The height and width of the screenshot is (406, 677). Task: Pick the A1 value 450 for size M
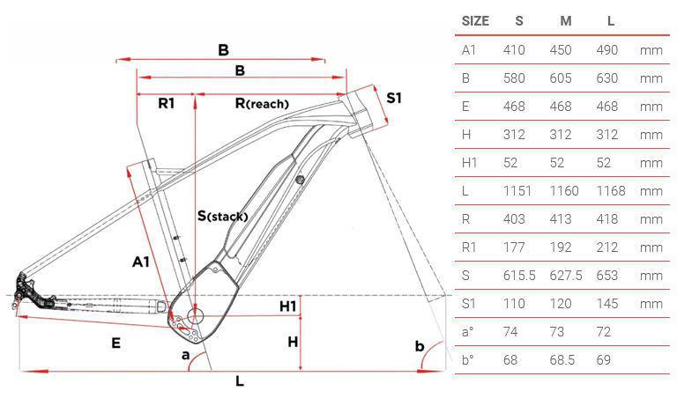[561, 49]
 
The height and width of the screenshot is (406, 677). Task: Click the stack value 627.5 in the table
[565, 276]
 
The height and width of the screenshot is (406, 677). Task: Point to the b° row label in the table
[469, 360]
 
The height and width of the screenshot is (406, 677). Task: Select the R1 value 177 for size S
[514, 247]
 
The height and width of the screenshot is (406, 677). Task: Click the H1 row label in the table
[471, 163]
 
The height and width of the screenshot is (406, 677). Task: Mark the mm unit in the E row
[651, 107]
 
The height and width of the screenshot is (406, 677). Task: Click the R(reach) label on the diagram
[262, 104]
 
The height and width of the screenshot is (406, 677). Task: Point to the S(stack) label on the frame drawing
[222, 216]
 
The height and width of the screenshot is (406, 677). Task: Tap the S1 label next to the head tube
[393, 98]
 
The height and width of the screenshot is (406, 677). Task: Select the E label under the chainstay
[115, 343]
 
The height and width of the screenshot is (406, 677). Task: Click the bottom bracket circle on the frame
[195, 314]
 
